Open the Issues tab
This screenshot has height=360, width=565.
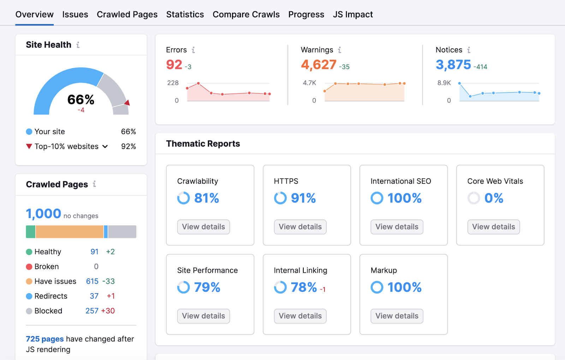tap(75, 14)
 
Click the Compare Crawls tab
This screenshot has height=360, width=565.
tap(246, 14)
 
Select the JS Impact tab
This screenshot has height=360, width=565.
tap(352, 14)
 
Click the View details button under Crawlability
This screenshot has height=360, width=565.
tap(203, 227)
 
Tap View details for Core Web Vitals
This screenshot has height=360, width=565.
tap(493, 227)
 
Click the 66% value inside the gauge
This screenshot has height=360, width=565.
tap(81, 100)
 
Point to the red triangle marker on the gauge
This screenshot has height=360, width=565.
tap(127, 103)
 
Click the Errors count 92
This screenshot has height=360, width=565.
tap(174, 65)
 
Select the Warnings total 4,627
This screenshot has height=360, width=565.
tap(319, 65)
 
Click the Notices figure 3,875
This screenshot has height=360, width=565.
tap(453, 65)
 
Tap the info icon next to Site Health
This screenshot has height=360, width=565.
tap(78, 45)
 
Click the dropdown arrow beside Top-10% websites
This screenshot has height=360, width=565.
tap(105, 147)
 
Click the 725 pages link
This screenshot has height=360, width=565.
tap(45, 339)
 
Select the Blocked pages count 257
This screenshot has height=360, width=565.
tap(92, 311)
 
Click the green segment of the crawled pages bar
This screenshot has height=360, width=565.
tap(31, 232)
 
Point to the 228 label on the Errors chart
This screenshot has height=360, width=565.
tap(173, 83)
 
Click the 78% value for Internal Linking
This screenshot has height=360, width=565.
tap(304, 287)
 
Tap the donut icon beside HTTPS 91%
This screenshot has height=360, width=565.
tap(280, 198)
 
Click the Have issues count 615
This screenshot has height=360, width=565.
tap(92, 281)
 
